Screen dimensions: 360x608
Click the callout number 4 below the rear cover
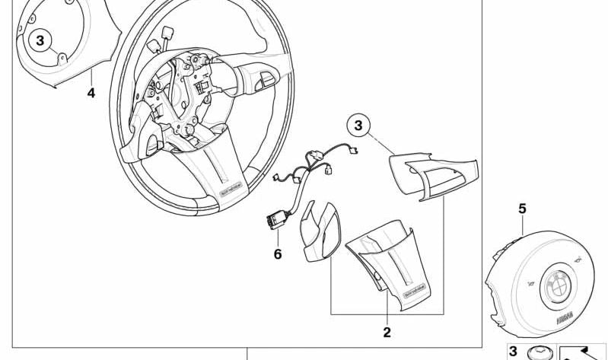pos(91,94)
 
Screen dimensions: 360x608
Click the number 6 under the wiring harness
pos(278,254)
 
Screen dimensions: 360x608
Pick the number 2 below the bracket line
pos(387,332)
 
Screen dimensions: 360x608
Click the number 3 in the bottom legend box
pos(513,352)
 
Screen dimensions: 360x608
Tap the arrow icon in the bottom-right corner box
pos(582,352)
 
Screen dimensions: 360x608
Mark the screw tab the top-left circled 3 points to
pos(62,56)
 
